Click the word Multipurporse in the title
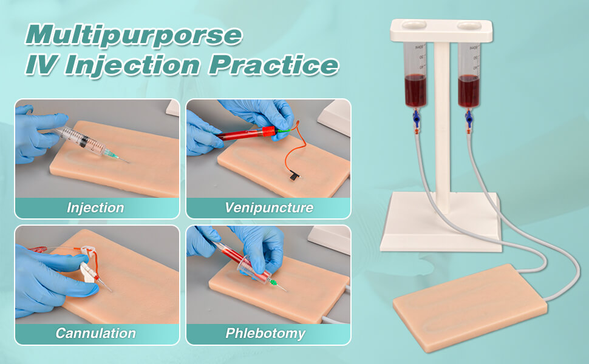(133, 35)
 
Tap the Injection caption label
(95, 208)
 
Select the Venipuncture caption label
(269, 208)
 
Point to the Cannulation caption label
(95, 333)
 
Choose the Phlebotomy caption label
(265, 333)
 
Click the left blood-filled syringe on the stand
(416, 76)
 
